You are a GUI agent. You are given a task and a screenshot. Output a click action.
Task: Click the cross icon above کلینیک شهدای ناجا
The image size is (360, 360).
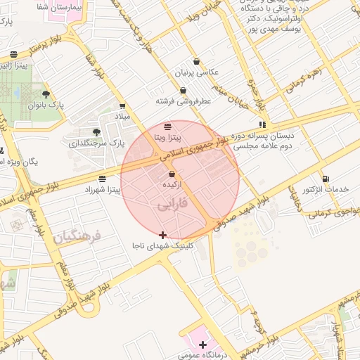[163, 235]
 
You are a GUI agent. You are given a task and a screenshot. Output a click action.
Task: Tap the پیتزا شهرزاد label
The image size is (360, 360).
[103, 190]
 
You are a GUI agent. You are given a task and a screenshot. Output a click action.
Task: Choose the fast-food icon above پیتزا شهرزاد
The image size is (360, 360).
[103, 179]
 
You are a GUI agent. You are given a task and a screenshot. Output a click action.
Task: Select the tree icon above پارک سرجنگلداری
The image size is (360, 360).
[96, 132]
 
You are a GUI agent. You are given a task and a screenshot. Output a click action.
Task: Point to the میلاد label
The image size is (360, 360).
[123, 116]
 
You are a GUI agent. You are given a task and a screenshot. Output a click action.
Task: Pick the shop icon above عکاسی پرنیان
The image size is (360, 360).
[196, 61]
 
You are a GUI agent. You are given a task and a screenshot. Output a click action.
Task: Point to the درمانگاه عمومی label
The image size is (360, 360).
[203, 356]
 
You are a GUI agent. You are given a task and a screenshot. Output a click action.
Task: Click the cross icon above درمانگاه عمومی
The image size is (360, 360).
[203, 345]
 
